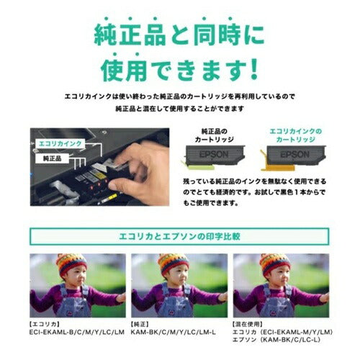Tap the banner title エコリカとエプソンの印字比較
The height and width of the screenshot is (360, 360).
179,237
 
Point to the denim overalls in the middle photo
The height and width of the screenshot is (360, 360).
175,306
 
